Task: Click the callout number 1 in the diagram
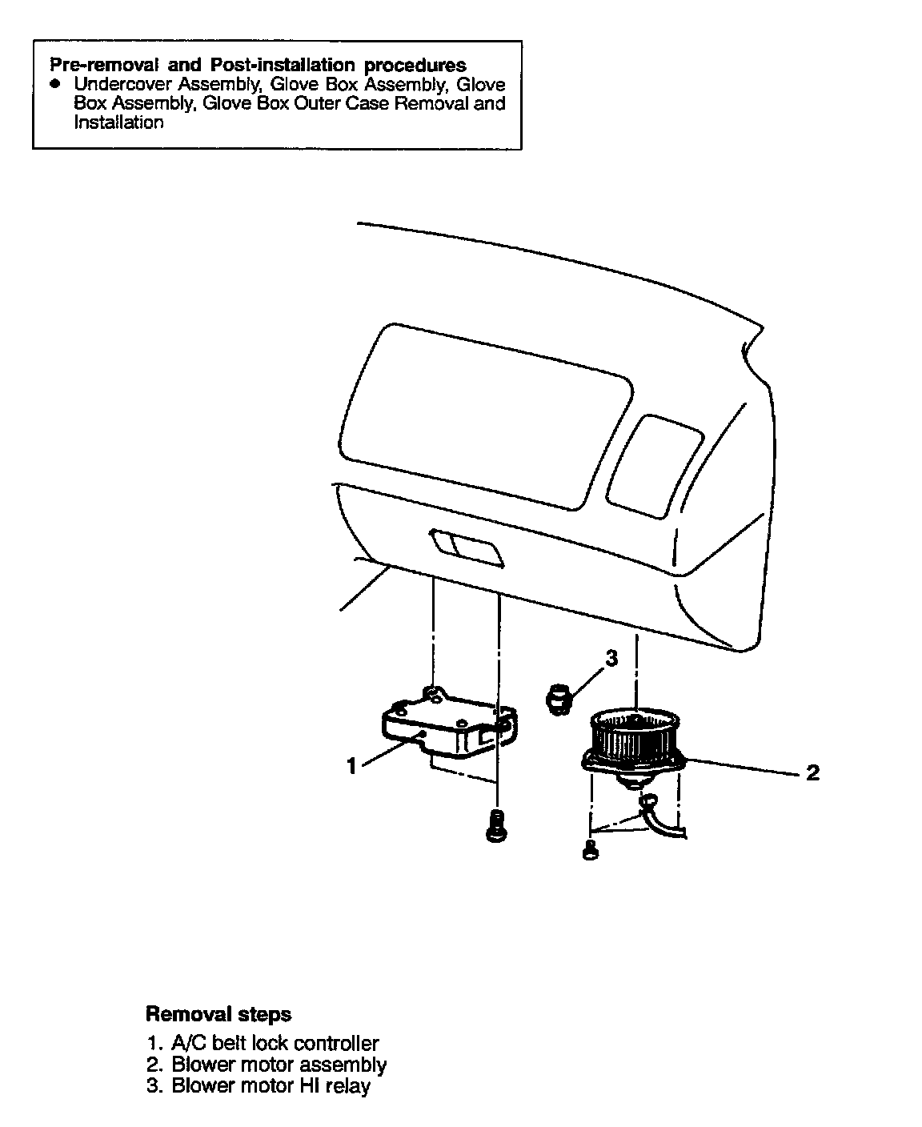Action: pyautogui.click(x=351, y=766)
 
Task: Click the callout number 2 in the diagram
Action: pyautogui.click(x=812, y=773)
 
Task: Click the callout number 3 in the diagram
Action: pyautogui.click(x=611, y=659)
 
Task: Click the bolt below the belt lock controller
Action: pyautogui.click(x=496, y=825)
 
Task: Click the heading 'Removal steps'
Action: pyautogui.click(x=218, y=1014)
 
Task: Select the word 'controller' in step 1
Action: pyautogui.click(x=336, y=1043)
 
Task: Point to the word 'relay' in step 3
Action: pyautogui.click(x=348, y=1085)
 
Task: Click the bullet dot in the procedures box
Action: pyautogui.click(x=54, y=83)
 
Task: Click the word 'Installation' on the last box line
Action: pyautogui.click(x=118, y=122)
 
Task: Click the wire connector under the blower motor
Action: pyautogui.click(x=647, y=800)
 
